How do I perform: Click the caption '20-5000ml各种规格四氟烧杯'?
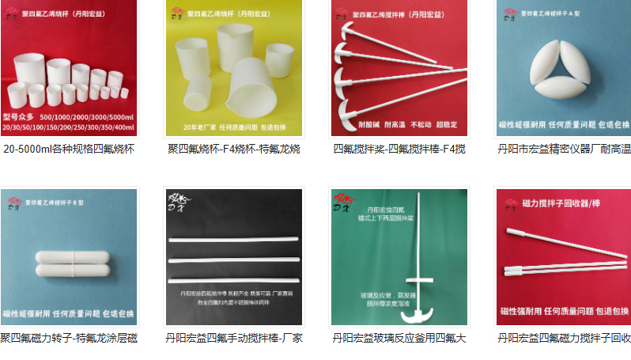(69, 149)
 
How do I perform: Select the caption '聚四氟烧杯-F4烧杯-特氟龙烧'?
(234, 149)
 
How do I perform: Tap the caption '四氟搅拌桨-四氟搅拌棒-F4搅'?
(399, 149)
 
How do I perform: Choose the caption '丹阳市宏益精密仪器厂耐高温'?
(564, 149)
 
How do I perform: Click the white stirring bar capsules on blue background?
(69, 264)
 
